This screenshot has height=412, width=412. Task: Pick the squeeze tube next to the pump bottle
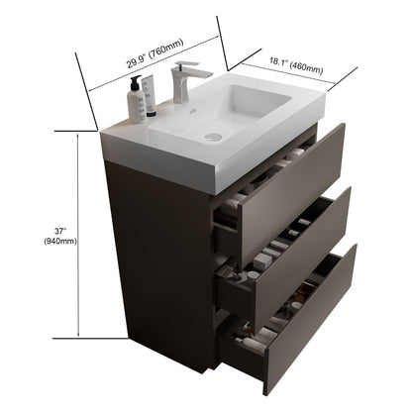point(151,98)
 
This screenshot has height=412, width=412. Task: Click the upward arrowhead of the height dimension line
point(78,138)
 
